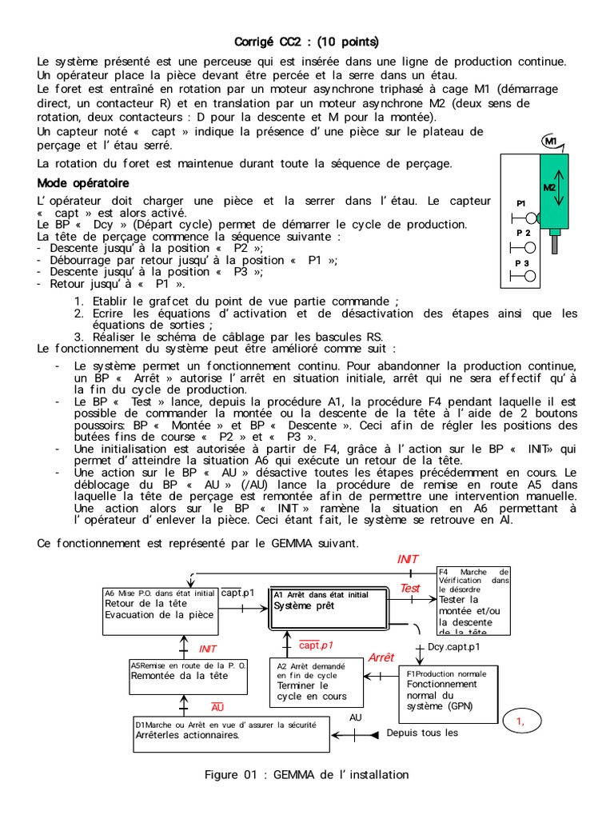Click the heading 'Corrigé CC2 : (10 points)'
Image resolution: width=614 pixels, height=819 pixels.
(x=306, y=42)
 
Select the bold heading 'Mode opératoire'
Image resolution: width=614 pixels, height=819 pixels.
(x=83, y=183)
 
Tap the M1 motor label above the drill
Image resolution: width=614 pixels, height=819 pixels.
(x=550, y=142)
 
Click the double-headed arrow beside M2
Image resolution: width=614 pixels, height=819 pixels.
(x=560, y=188)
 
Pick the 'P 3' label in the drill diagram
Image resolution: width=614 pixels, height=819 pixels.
(x=522, y=262)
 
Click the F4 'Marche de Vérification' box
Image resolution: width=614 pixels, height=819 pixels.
(x=472, y=600)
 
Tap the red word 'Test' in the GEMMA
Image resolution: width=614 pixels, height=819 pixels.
(x=410, y=589)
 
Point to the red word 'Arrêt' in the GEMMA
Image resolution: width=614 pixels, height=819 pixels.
(x=381, y=657)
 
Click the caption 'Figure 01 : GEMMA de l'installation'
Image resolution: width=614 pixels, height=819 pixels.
(x=306, y=774)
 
